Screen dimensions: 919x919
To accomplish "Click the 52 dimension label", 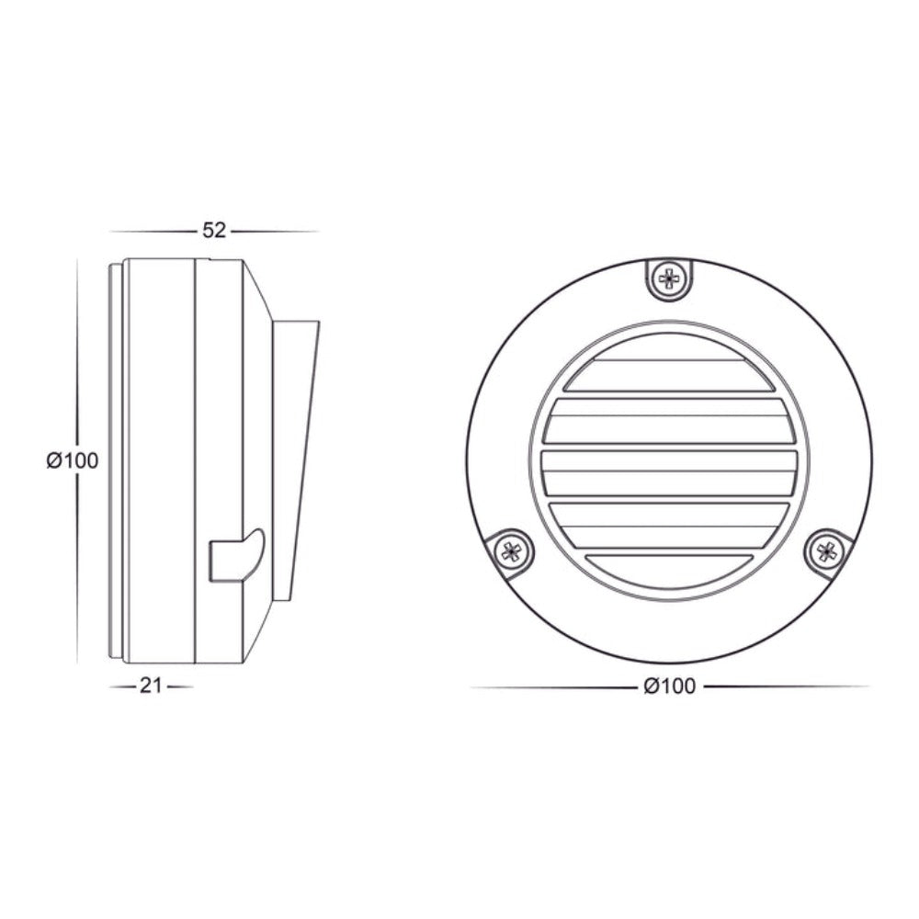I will (x=214, y=231).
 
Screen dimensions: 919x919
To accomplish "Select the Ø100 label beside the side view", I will (x=72, y=460).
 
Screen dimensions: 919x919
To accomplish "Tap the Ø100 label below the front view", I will (x=669, y=686).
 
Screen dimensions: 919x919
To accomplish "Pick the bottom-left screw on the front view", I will (x=511, y=551).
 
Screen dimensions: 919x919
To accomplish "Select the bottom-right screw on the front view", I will (x=827, y=551).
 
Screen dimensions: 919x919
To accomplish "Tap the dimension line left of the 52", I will (x=152, y=231).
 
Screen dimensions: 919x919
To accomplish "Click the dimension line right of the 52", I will (x=276, y=231).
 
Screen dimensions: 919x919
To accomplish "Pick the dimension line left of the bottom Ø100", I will (x=551, y=686).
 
